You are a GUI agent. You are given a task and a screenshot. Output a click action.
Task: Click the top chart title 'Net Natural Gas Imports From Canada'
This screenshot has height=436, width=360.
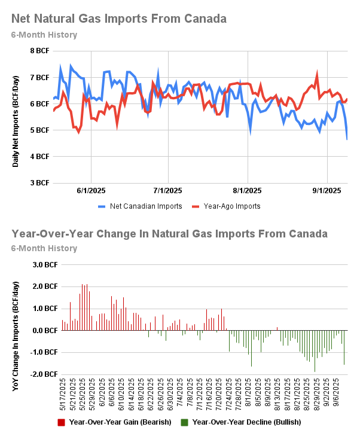pyautogui.click(x=119, y=19)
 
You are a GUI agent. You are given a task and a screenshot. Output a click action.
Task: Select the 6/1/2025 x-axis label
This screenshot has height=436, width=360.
pyautogui.click(x=91, y=191)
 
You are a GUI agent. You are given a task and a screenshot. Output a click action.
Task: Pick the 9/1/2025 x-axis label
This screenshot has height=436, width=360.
pyautogui.click(x=327, y=191)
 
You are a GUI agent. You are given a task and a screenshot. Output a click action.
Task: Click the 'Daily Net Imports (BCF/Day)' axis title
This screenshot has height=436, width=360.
pyautogui.click(x=16, y=117)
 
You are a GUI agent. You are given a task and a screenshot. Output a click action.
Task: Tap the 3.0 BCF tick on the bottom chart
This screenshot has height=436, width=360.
pyautogui.click(x=45, y=264)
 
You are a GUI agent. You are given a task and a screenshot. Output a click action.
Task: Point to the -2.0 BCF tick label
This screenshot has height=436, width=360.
pyautogui.click(x=44, y=374)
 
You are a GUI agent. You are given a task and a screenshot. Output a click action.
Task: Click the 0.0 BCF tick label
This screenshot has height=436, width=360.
pyautogui.click(x=45, y=331)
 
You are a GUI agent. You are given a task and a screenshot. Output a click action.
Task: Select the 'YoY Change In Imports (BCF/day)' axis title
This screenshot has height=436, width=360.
pyautogui.click(x=16, y=319)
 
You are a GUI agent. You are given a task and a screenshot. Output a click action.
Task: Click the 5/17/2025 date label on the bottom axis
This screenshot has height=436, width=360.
pyautogui.click(x=62, y=394)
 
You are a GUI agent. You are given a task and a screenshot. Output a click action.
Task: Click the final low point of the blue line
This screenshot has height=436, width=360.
pyautogui.click(x=347, y=139)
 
